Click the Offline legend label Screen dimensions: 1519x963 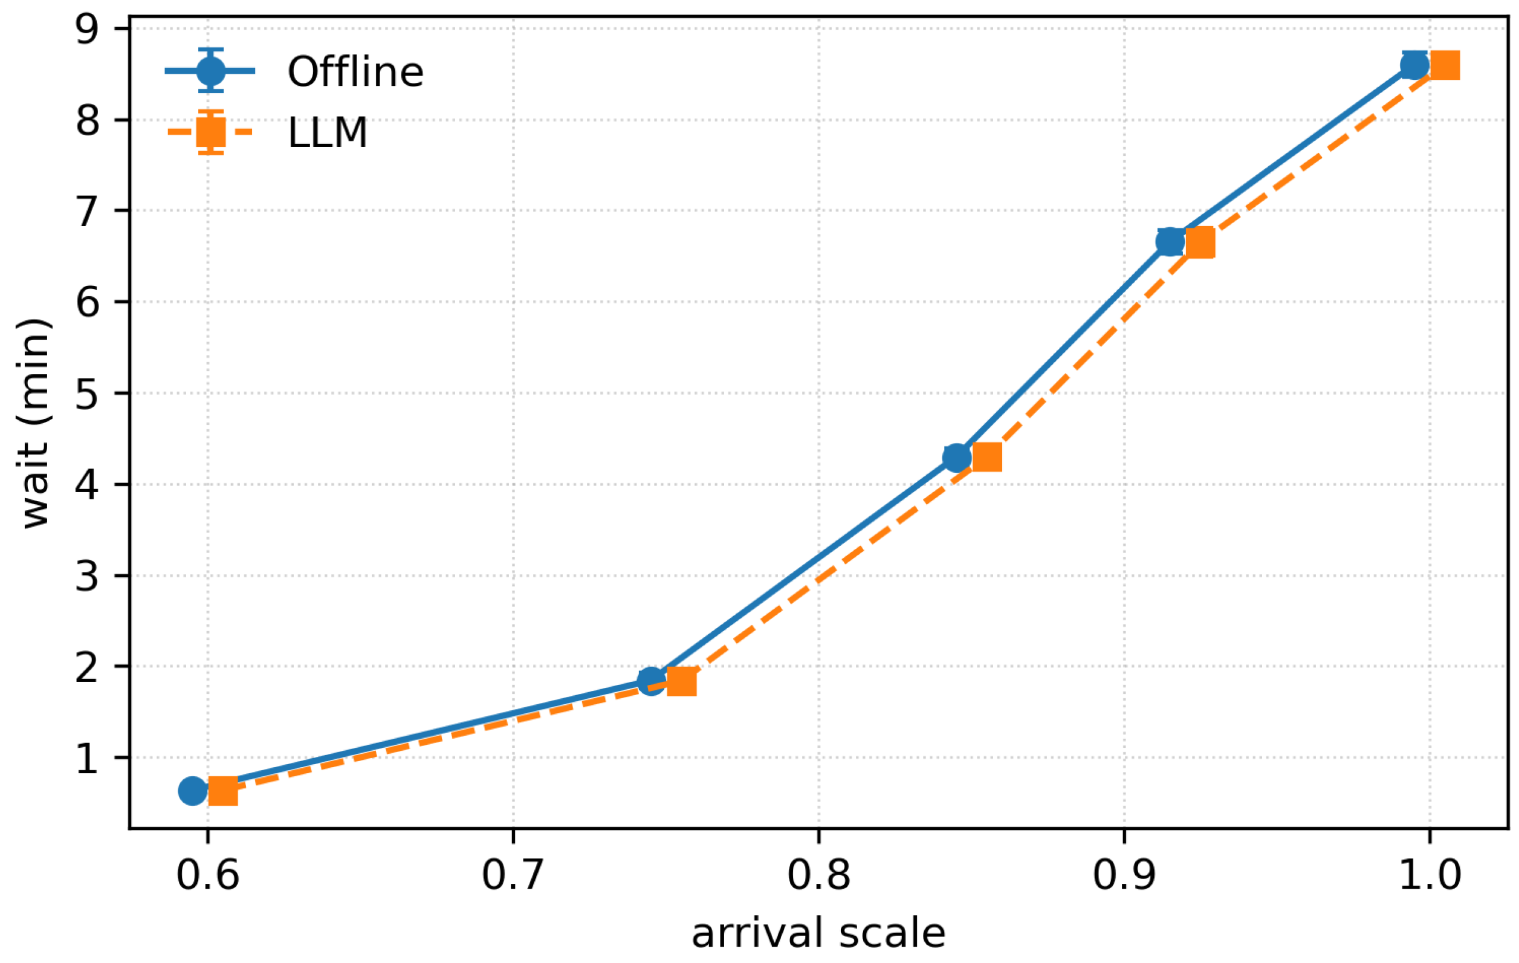pos(355,71)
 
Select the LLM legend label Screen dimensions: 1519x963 pos(328,133)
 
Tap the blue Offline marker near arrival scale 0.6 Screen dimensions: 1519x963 pos(192,791)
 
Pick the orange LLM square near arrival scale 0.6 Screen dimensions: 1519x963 pos(222,791)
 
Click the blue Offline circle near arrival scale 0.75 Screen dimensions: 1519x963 pos(651,681)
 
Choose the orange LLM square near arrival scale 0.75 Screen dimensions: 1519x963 pos(681,681)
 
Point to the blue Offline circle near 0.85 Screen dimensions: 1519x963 pos(956,457)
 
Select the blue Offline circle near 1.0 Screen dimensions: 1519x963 pos(1414,65)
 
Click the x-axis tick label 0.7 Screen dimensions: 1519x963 pos(513,876)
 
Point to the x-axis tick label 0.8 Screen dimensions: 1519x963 pos(818,876)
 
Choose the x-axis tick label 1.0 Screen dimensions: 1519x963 pos(1430,876)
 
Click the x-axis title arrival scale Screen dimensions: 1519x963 pos(819,934)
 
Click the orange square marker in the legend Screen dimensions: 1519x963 pos(211,132)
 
